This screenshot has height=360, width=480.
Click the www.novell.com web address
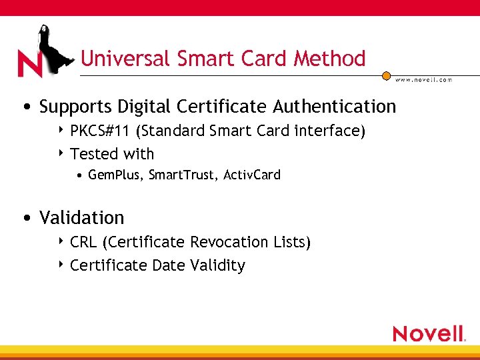click(x=423, y=79)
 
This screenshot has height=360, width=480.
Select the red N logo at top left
click(x=29, y=64)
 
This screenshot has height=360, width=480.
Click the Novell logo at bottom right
click(x=429, y=333)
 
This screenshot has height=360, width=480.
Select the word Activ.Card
click(x=252, y=175)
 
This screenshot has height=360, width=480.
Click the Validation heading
click(x=82, y=218)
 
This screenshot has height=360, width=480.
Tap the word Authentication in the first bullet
click(x=335, y=107)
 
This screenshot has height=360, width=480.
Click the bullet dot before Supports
click(x=25, y=107)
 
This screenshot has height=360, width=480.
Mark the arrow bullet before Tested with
click(x=61, y=153)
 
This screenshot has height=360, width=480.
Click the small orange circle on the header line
click(x=386, y=75)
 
